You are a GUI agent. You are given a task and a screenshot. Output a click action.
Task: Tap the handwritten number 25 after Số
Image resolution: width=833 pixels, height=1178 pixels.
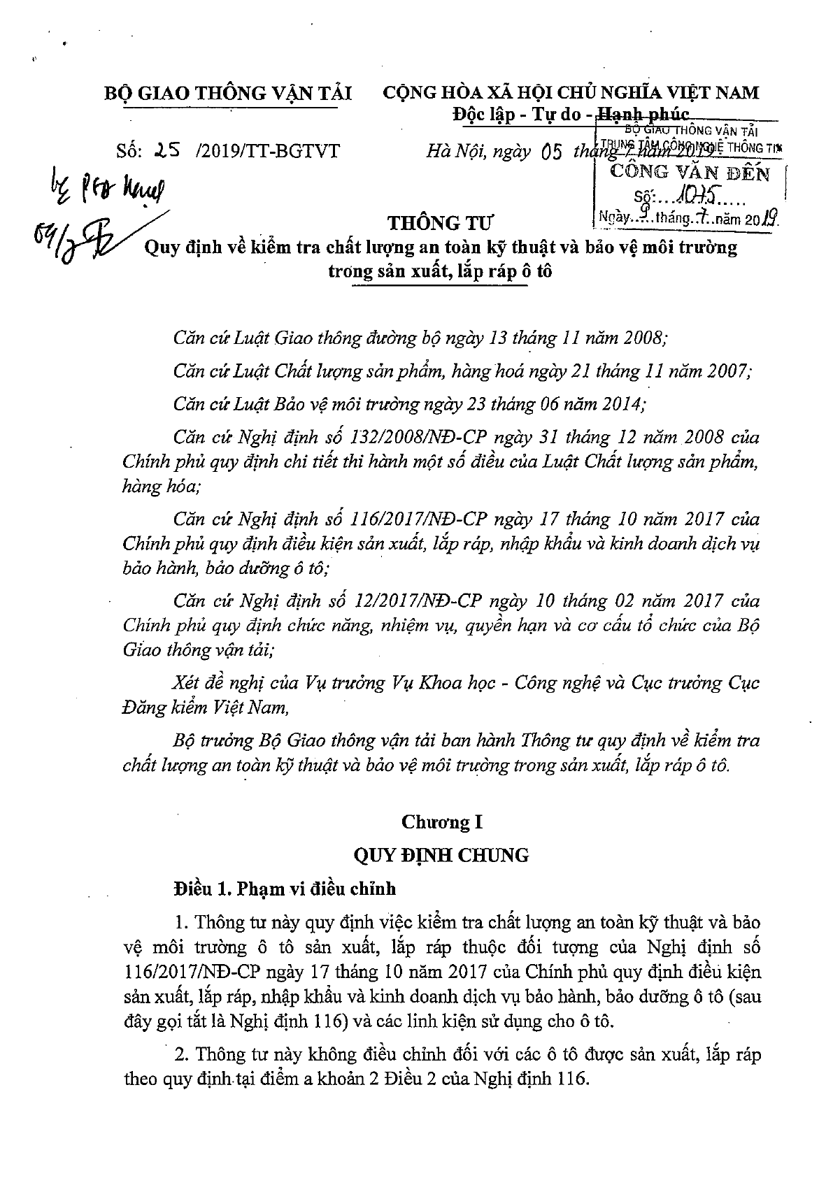point(170,150)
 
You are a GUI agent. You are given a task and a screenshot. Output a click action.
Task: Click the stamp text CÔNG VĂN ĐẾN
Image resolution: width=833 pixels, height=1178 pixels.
point(690,172)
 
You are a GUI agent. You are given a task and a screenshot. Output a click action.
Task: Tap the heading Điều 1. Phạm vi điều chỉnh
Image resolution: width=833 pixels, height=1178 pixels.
point(285,889)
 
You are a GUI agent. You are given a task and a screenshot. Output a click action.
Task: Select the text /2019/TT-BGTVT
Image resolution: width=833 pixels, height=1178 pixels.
point(269,151)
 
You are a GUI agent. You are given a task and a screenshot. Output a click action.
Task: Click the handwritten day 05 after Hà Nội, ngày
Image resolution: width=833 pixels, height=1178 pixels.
point(553,151)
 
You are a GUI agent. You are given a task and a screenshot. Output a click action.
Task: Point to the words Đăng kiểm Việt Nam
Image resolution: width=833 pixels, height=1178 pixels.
point(205,707)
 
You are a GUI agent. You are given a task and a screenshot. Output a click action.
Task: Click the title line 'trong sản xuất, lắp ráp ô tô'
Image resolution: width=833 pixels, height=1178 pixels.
point(441,271)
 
